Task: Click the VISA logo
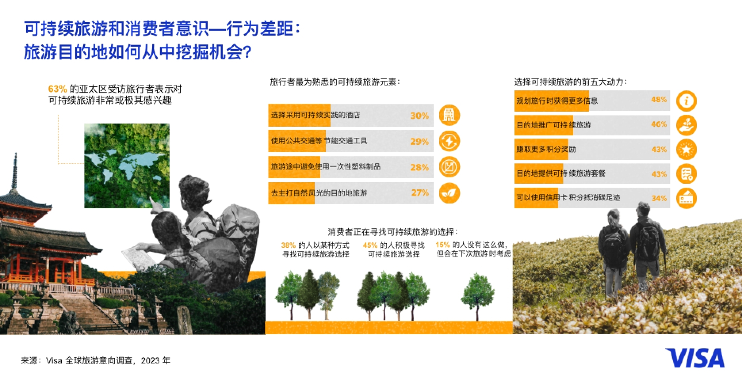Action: [694, 358]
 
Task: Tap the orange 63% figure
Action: [57, 89]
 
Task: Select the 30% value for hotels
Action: [419, 116]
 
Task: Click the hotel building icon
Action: [449, 115]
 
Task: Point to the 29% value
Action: [419, 141]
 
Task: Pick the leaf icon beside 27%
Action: [449, 193]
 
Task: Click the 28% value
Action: [419, 167]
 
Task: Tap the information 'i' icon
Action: [686, 101]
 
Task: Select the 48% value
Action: [659, 99]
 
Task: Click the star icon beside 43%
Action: [686, 149]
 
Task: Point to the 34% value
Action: [659, 198]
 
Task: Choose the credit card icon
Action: [686, 198]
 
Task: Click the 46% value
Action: [659, 124]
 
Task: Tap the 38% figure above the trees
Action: [289, 245]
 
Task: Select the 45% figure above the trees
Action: [370, 245]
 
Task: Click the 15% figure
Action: [442, 245]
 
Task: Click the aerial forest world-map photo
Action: [127, 165]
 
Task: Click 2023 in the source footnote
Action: [150, 360]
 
